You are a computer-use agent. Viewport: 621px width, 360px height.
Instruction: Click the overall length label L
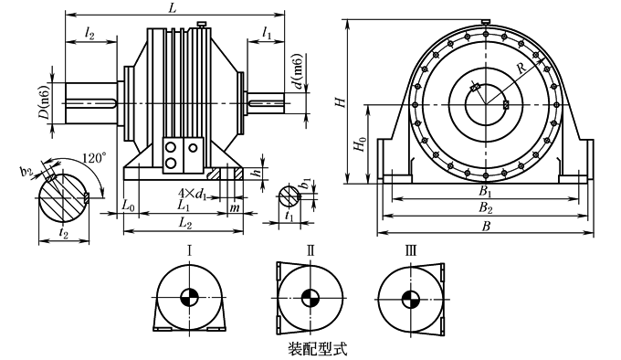[172, 8]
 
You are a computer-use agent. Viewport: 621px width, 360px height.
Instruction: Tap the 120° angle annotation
[94, 158]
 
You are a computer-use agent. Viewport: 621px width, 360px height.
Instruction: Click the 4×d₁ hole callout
[193, 194]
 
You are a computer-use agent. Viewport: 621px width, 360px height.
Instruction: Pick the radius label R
[522, 69]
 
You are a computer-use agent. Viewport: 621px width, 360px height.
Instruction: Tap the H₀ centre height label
[360, 143]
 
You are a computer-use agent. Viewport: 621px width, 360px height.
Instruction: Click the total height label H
[341, 102]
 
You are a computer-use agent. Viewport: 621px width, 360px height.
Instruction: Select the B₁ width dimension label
[485, 192]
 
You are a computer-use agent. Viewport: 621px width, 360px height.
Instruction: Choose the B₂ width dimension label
[486, 208]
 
